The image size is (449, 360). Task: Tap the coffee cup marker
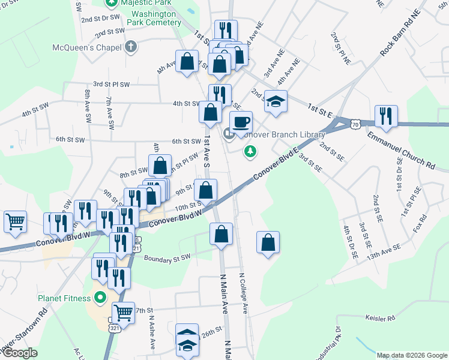[241, 122]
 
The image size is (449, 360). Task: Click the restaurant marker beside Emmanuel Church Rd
[385, 116]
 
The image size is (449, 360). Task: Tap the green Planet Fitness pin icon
[100, 297]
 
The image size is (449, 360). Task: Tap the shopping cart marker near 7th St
[123, 313]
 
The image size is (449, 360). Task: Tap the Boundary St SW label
[167, 258]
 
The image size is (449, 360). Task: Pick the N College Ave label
[244, 293]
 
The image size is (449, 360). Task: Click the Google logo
[19, 353]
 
